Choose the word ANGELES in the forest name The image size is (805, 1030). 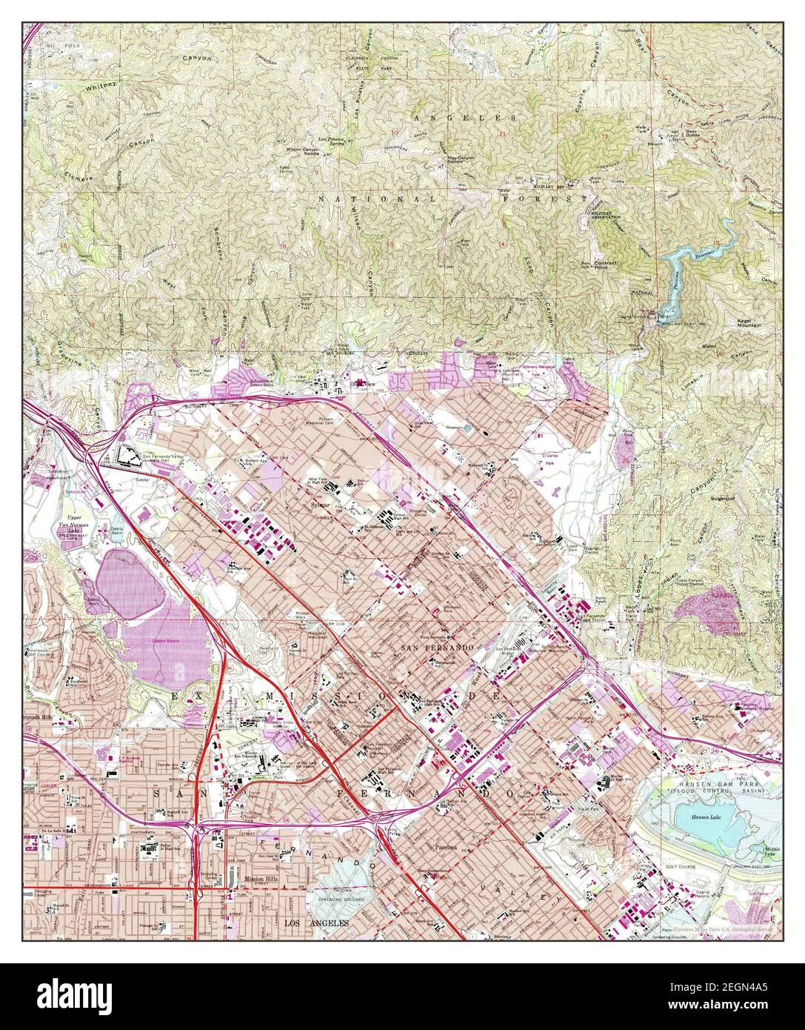[465, 118]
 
